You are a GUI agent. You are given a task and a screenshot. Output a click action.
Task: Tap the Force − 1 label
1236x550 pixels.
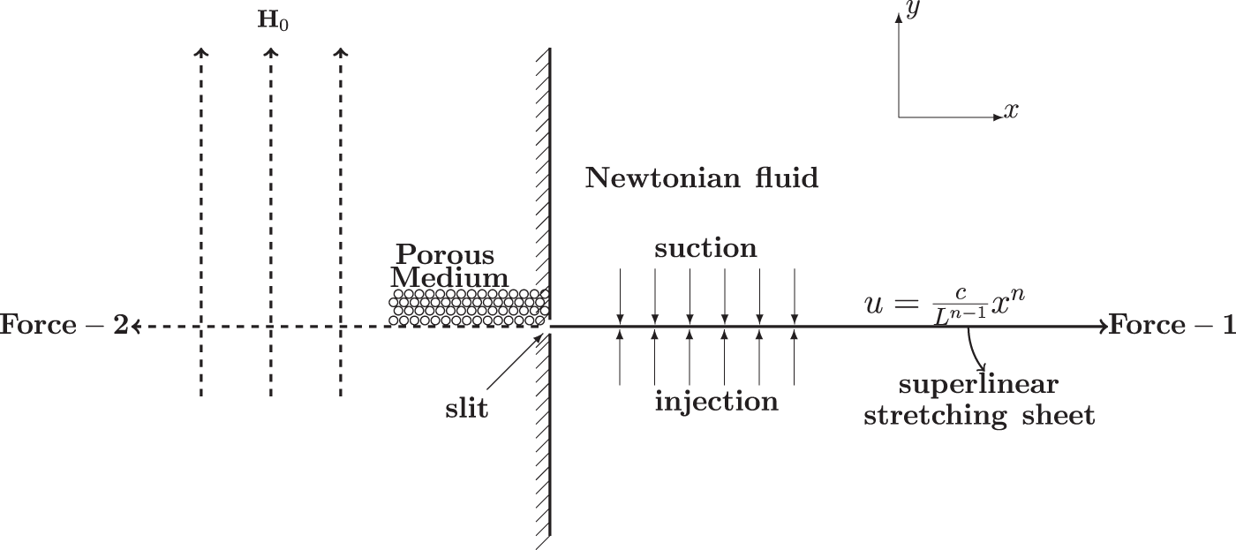[x=1172, y=327]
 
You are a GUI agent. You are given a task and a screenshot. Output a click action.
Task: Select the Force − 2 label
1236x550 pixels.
[x=63, y=327]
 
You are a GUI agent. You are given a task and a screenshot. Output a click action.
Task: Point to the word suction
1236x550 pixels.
[x=705, y=249]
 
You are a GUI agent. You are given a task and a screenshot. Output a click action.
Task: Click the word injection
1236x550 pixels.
[x=716, y=403]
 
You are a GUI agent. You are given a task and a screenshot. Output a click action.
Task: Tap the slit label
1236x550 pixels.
[x=467, y=410]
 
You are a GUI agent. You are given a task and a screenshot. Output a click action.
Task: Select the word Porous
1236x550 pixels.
[x=445, y=254]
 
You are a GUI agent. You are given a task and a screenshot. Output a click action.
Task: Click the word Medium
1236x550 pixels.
[x=450, y=279]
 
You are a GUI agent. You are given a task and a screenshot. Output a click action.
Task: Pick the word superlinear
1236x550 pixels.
[x=977, y=387]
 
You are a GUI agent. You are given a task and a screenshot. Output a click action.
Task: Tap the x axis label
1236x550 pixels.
[x=1011, y=111]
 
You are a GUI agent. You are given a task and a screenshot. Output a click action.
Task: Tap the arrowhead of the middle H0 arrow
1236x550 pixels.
[x=270, y=53]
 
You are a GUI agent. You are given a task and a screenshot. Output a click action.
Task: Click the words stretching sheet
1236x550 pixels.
[x=978, y=415]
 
